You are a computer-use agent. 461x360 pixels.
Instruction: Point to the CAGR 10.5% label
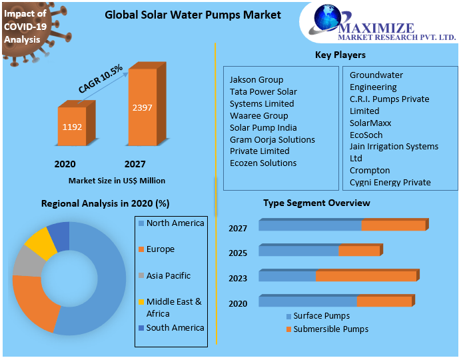101,79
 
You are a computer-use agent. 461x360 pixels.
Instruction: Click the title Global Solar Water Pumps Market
193,15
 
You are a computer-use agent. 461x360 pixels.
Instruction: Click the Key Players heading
340,55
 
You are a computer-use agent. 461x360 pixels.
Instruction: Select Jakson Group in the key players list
256,80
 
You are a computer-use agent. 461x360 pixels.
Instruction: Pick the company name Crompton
370,171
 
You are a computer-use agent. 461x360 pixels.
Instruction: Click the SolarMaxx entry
370,123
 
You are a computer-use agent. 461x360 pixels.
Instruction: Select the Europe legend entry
160,249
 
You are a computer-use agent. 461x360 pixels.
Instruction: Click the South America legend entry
175,328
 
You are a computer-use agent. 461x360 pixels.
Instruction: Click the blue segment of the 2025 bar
298,251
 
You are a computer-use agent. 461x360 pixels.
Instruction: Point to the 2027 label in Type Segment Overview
238,229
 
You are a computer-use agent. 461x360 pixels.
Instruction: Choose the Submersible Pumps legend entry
330,329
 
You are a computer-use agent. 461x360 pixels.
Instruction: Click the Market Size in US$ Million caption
117,181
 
